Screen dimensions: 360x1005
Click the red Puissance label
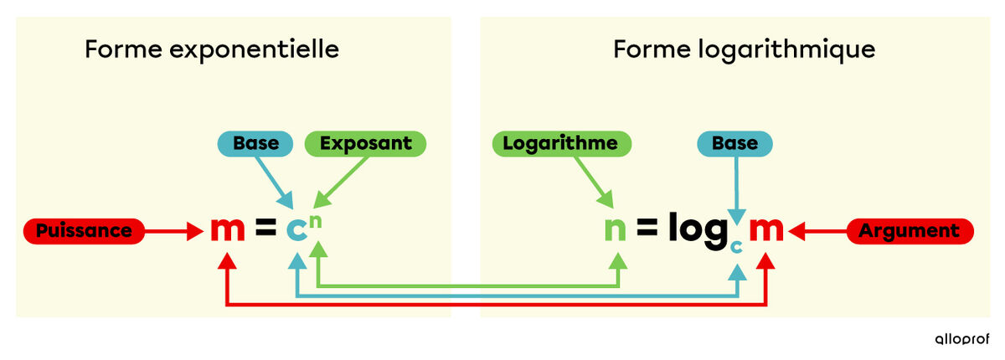coord(84,230)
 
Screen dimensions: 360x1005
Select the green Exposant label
coord(365,143)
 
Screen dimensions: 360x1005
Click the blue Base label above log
coord(734,143)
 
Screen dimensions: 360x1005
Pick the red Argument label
coord(911,230)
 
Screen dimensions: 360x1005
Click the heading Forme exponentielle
coord(211,49)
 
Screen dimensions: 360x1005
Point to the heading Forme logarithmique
coord(744,49)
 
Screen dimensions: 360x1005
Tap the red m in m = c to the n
coord(226,229)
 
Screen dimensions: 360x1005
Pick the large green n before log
coord(616,230)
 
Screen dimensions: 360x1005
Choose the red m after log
coord(766,230)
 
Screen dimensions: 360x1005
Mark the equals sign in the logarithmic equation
coord(647,230)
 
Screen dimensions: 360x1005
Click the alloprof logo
coord(961,338)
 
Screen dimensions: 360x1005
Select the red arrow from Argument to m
coord(821,230)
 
